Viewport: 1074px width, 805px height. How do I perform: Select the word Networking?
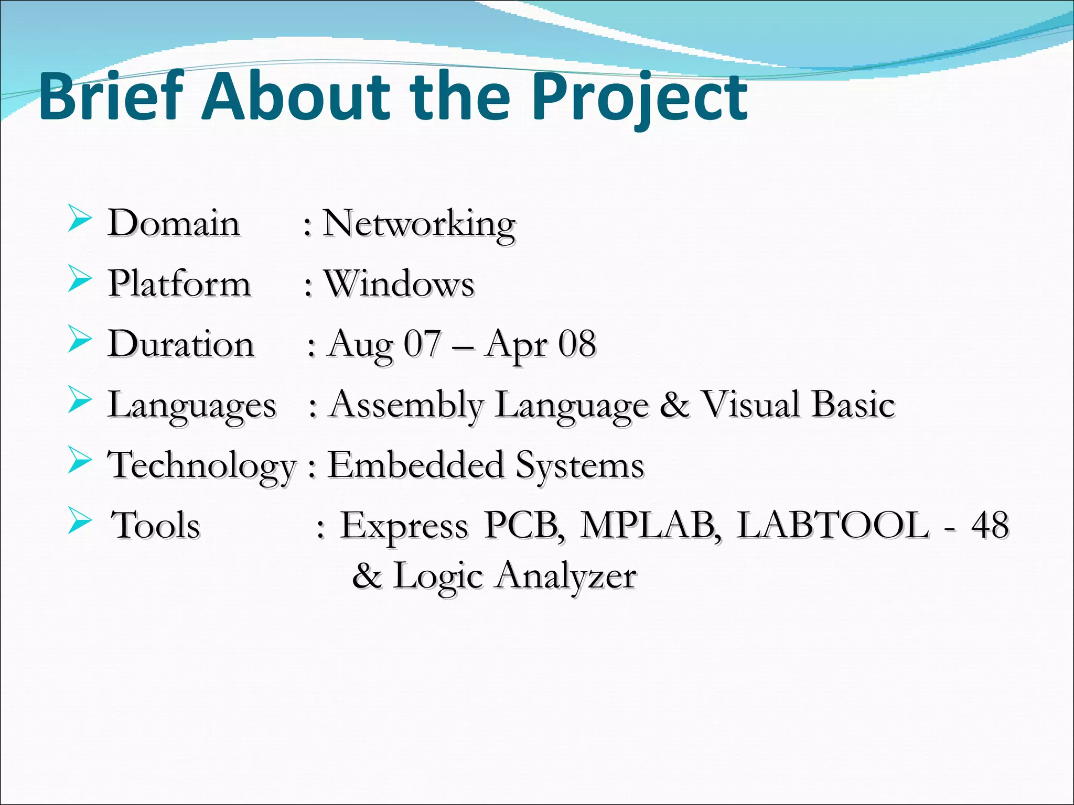click(418, 224)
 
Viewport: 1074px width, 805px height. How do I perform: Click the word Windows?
click(399, 284)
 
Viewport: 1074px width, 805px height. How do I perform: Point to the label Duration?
click(181, 344)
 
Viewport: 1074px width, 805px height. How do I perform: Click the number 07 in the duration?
click(422, 344)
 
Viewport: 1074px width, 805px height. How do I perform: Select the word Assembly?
click(406, 406)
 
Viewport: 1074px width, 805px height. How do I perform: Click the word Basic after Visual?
click(853, 405)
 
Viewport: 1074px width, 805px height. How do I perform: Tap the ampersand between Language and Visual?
click(674, 405)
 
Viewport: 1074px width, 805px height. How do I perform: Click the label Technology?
click(202, 466)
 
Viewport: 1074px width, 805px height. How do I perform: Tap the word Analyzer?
click(566, 576)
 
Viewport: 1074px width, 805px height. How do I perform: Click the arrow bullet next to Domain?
click(80, 219)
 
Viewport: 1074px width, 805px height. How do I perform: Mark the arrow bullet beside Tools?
click(80, 521)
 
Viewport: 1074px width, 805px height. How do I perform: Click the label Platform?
click(179, 284)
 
